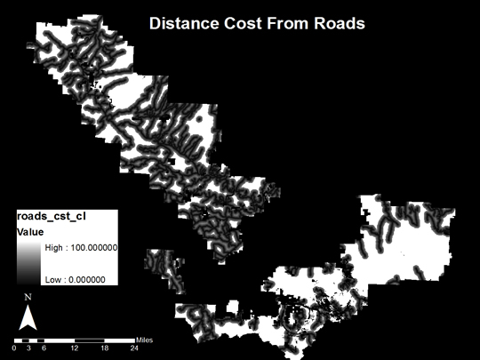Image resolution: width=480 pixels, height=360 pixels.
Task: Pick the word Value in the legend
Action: click(x=31, y=231)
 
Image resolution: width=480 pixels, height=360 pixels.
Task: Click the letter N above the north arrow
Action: click(x=28, y=297)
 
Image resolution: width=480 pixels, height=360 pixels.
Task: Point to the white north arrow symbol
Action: click(x=28, y=316)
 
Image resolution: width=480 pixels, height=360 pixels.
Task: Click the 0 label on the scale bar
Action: click(x=15, y=348)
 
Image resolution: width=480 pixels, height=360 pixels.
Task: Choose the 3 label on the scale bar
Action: click(x=28, y=348)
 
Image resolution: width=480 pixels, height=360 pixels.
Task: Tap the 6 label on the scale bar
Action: click(x=43, y=348)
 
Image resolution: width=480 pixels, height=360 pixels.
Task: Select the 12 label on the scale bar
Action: click(x=72, y=348)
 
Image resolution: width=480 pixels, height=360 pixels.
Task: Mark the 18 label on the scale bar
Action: click(x=103, y=348)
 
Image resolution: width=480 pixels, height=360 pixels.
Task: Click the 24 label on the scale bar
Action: click(x=134, y=348)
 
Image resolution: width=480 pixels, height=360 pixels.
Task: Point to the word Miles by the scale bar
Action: click(x=148, y=339)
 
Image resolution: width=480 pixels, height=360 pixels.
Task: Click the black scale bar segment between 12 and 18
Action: click(x=88, y=340)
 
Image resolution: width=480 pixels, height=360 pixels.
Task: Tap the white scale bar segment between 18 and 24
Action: click(x=119, y=340)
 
